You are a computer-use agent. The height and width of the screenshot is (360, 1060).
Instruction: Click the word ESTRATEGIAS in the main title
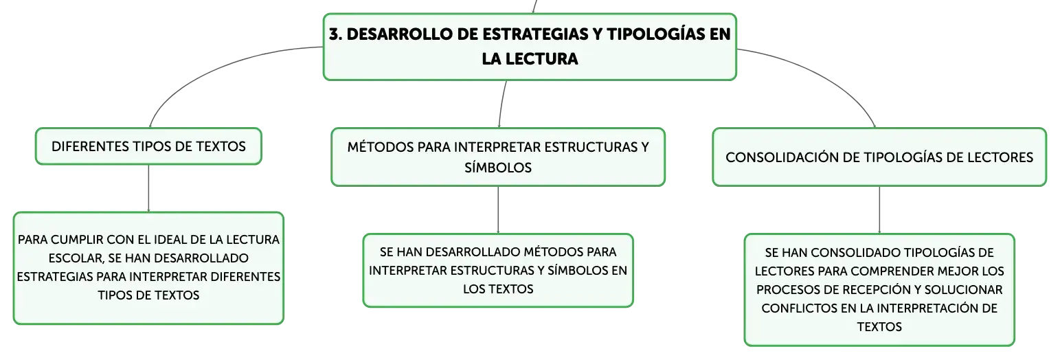(x=535, y=34)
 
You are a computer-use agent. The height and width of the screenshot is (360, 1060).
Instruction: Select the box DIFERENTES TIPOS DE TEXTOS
(x=148, y=146)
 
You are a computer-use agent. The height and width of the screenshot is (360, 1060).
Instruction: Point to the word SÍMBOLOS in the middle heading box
(x=498, y=168)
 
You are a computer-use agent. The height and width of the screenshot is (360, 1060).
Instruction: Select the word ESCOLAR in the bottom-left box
(x=76, y=258)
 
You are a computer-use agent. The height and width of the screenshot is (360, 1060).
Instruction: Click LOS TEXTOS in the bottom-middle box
(x=498, y=289)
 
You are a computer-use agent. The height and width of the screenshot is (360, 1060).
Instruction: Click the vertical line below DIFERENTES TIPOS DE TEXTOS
(x=148, y=188)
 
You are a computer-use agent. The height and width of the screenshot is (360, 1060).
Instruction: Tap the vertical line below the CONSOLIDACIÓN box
(x=879, y=210)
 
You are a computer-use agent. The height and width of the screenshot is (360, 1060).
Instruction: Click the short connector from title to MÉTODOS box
(x=501, y=104)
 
